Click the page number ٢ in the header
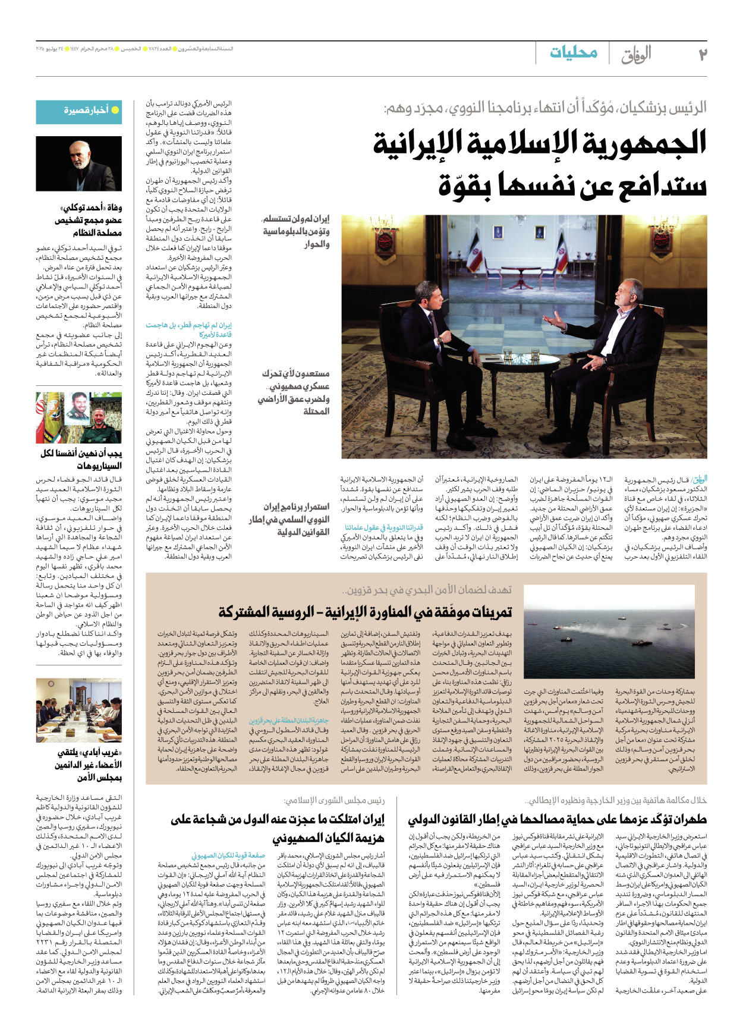click(x=702, y=54)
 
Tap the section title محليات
click(x=573, y=52)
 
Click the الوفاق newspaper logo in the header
click(x=636, y=55)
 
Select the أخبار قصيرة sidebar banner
click(x=79, y=111)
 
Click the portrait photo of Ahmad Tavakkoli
click(x=79, y=164)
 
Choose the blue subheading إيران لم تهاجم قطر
click(x=188, y=330)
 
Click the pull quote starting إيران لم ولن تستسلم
click(x=295, y=232)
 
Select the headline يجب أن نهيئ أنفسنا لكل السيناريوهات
click(x=81, y=459)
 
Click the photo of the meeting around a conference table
click(x=79, y=711)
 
